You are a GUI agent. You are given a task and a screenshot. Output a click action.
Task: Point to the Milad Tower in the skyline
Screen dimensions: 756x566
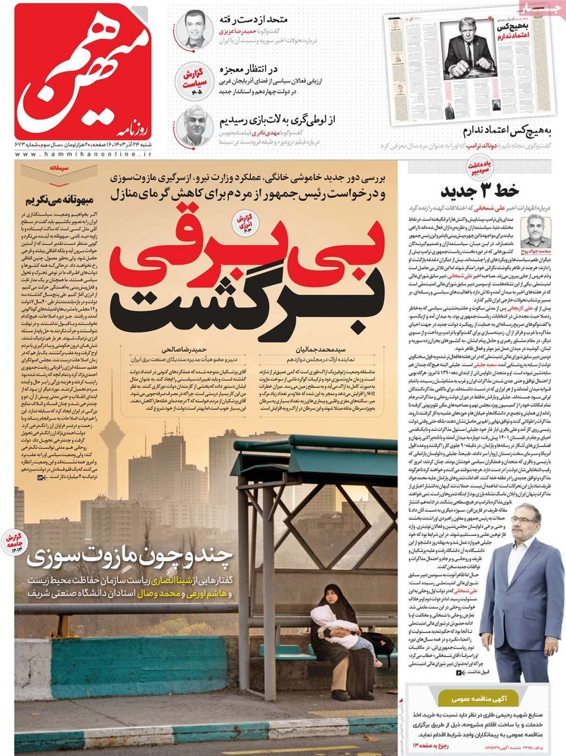pos(112,446)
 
